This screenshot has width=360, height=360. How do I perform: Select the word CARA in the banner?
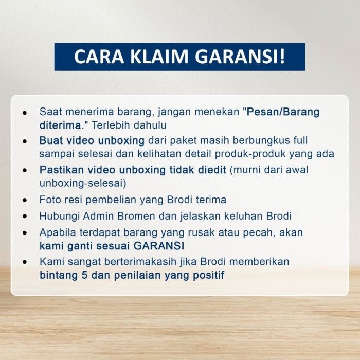tap(99, 57)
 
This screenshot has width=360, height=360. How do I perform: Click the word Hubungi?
tap(60, 217)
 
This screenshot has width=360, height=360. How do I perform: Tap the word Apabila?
tap(58, 233)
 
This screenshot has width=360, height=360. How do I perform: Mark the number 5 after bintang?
tap(84, 275)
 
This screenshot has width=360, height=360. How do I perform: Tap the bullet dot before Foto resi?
tap(25, 200)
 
